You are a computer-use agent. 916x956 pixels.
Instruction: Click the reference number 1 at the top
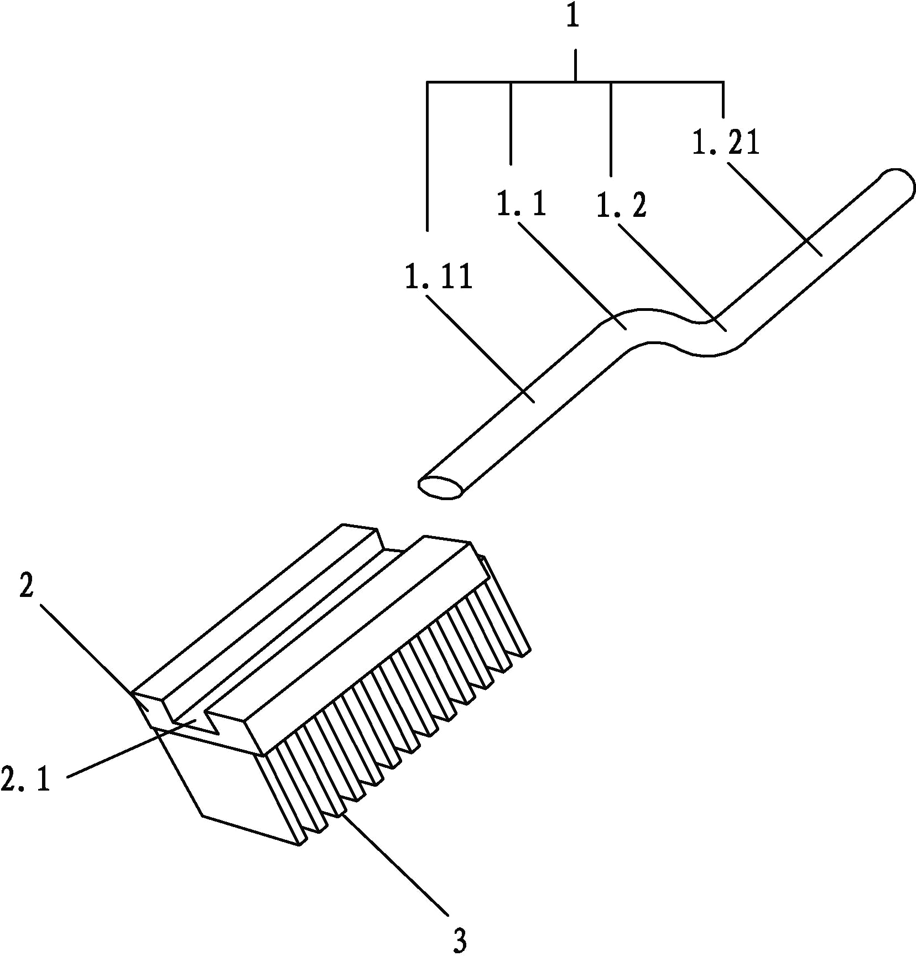[x=573, y=17]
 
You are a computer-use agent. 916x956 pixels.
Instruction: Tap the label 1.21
[x=726, y=142]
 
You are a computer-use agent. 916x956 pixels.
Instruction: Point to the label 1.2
[x=621, y=205]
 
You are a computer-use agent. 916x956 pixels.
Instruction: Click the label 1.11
[x=439, y=277]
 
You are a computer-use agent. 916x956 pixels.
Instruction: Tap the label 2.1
[x=25, y=780]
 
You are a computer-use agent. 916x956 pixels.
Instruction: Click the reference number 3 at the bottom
[x=460, y=940]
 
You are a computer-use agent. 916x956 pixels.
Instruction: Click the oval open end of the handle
[x=440, y=487]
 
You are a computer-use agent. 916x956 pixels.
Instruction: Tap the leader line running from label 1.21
[x=774, y=209]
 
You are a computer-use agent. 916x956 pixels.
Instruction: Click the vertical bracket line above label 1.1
[x=511, y=123]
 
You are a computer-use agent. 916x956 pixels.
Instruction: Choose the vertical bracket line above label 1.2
[x=611, y=129]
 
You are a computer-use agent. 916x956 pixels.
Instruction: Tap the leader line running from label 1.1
[x=571, y=275]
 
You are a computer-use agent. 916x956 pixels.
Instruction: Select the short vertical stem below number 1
[x=575, y=65]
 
